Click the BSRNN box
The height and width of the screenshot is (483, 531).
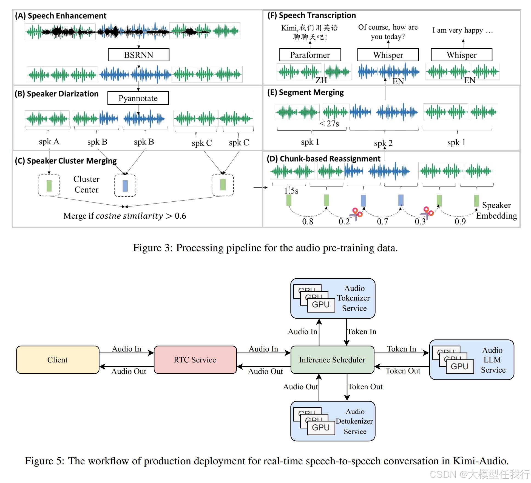(x=138, y=55)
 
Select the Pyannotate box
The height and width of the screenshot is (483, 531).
(x=138, y=98)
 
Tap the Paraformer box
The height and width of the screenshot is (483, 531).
(x=310, y=55)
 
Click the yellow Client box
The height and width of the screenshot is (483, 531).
(x=58, y=360)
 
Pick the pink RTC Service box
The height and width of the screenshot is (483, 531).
(x=195, y=360)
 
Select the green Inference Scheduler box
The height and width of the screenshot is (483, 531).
(x=332, y=360)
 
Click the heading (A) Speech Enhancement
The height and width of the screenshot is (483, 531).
(x=61, y=16)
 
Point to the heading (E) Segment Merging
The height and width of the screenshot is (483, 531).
(x=305, y=93)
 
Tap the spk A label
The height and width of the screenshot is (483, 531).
(x=49, y=142)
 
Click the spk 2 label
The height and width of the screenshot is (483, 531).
(x=383, y=143)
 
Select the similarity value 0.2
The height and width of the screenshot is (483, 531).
(x=344, y=221)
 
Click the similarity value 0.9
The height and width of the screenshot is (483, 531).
(x=460, y=221)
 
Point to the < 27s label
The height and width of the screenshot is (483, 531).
(x=329, y=124)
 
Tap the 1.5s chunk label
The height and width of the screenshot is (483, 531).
(x=291, y=191)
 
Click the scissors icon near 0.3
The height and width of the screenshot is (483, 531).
(x=427, y=213)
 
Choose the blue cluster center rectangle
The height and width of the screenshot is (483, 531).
(x=125, y=186)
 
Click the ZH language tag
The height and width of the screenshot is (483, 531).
(x=321, y=80)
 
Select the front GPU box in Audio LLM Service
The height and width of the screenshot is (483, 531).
(x=459, y=367)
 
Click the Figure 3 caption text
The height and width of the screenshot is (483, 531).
(x=265, y=248)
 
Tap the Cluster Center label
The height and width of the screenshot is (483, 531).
(x=86, y=184)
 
